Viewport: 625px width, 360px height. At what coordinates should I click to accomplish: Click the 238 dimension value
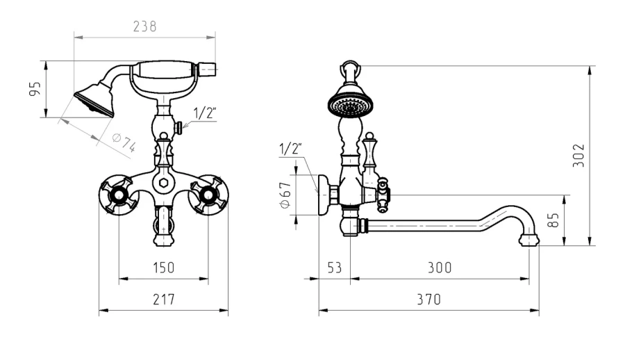pyautogui.click(x=144, y=26)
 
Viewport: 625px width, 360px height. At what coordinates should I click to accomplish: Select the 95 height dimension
pyautogui.click(x=35, y=88)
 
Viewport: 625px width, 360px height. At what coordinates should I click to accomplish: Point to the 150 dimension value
pyautogui.click(x=164, y=268)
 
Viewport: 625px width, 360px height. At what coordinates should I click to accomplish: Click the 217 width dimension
pyautogui.click(x=164, y=300)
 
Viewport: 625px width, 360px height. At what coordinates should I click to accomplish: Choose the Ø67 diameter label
pyautogui.click(x=285, y=195)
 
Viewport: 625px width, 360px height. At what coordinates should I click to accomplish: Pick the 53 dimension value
pyautogui.click(x=335, y=268)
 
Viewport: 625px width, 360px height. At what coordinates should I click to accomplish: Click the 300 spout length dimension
pyautogui.click(x=440, y=268)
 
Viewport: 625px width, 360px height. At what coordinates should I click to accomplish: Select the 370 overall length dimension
pyautogui.click(x=429, y=300)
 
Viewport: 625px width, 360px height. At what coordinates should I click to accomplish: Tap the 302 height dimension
pyautogui.click(x=578, y=155)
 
